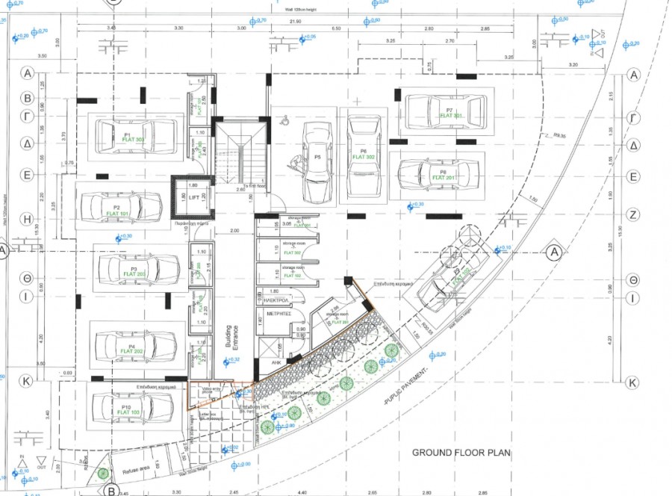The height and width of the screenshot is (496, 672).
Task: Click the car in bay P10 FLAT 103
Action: tap(131, 408)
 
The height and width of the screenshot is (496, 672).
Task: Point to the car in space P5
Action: tap(317, 161)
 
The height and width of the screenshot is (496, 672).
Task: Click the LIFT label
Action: tap(194, 198)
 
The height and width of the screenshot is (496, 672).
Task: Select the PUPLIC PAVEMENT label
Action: tap(408, 386)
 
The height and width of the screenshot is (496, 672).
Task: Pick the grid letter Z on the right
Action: tap(634, 214)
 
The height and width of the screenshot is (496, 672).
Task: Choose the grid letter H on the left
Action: tap(27, 220)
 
